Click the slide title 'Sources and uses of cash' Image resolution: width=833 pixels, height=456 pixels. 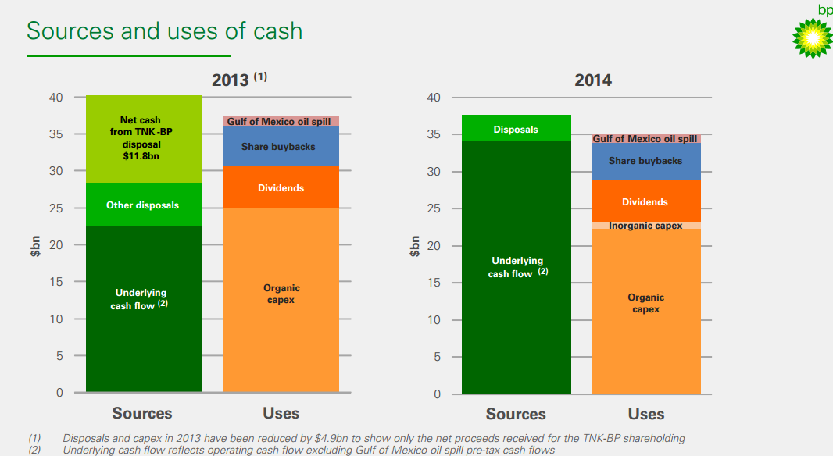click(164, 30)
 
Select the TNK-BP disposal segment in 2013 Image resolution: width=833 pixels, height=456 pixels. click(143, 139)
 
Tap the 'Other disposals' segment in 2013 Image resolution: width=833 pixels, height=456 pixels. click(143, 205)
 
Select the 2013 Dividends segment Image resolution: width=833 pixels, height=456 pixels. click(281, 187)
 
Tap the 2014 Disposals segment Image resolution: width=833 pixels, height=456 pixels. click(516, 129)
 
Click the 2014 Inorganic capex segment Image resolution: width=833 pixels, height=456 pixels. click(645, 226)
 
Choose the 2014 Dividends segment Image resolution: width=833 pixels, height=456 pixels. click(645, 201)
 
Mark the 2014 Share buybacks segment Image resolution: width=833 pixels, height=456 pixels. click(645, 161)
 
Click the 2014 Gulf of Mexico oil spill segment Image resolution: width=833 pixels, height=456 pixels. click(645, 139)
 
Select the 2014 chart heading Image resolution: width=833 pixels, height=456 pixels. click(592, 80)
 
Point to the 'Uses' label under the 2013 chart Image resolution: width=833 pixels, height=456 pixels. click(281, 413)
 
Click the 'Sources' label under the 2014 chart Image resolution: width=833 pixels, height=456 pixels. click(516, 414)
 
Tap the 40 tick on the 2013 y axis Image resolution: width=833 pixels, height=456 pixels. click(55, 98)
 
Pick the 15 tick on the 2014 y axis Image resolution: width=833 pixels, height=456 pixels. click(434, 283)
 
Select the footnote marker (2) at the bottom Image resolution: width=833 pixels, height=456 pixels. click(34, 450)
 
